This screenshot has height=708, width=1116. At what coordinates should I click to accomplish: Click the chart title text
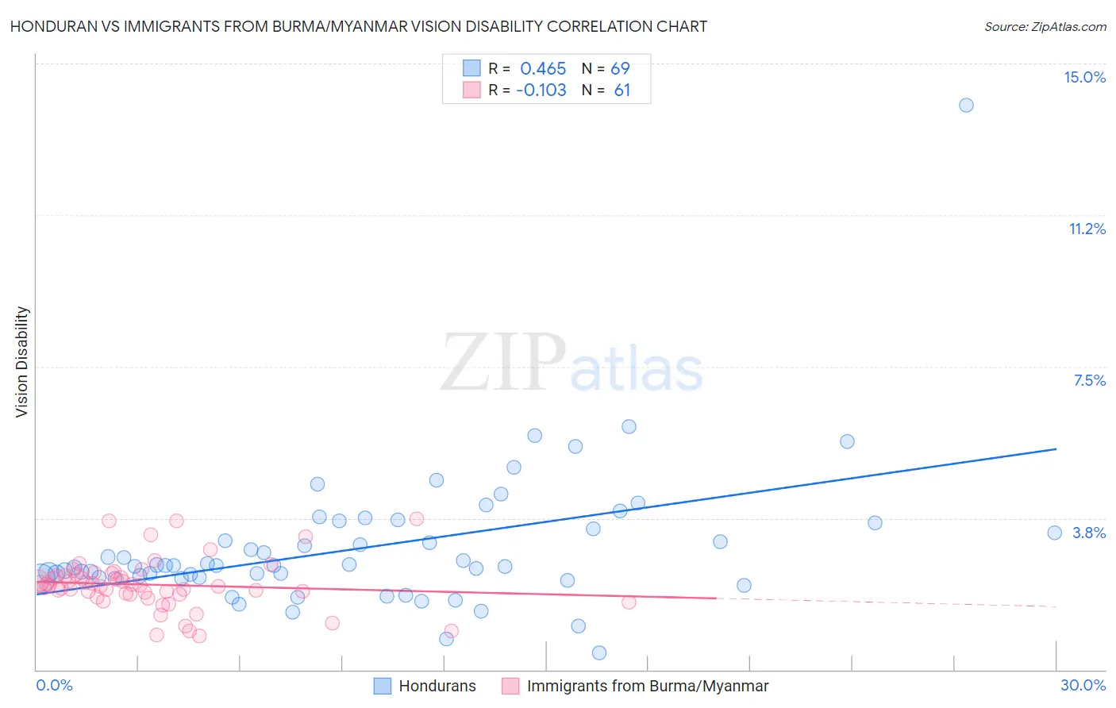point(358,26)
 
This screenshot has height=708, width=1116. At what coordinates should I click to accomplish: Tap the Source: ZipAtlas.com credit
point(1045,26)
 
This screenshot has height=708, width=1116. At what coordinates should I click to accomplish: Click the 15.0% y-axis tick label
point(1084,77)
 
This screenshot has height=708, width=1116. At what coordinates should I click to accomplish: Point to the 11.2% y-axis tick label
point(1087,229)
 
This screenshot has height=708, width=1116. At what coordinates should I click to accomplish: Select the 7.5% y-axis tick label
point(1089,380)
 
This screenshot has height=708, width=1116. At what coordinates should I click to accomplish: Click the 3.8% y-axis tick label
point(1089,533)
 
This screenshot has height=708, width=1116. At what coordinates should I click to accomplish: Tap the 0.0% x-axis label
point(54,685)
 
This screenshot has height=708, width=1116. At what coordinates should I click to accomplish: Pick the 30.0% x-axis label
point(1083,685)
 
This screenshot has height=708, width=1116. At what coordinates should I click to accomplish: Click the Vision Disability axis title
point(22,361)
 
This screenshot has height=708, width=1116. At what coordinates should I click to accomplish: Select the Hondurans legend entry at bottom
point(437,686)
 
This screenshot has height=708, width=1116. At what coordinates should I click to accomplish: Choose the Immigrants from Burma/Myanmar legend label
point(647,686)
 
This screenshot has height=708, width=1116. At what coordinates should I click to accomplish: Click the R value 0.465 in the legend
point(543,68)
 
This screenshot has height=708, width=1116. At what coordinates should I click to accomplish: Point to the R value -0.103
point(541,90)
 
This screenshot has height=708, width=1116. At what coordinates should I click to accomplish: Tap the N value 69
point(620,68)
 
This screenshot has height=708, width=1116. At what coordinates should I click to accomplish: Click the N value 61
point(621,90)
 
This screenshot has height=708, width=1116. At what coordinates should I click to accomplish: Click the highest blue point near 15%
point(966,105)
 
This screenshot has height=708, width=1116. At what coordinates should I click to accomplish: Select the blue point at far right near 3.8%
point(1054,533)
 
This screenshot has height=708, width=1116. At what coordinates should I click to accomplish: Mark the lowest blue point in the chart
point(599,652)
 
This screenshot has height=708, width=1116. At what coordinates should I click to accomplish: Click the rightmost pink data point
point(629,602)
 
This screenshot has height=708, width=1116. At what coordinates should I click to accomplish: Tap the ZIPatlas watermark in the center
point(571,363)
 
